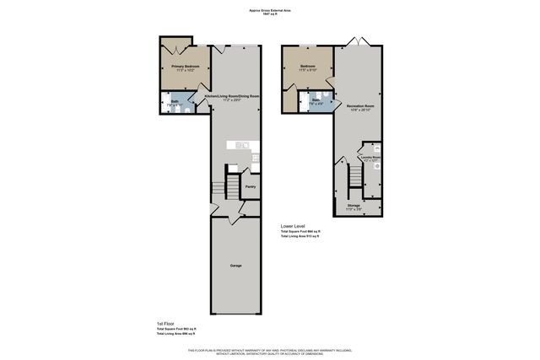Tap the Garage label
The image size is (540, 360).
236,266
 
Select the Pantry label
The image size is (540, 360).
250,187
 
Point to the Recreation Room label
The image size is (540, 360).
360,105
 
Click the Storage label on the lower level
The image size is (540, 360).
354,205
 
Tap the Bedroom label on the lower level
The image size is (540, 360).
307,66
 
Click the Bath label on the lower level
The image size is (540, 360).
316,100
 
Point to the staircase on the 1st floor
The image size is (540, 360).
219,184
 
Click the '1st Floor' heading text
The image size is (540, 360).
165,324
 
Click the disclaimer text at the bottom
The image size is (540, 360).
270,351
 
